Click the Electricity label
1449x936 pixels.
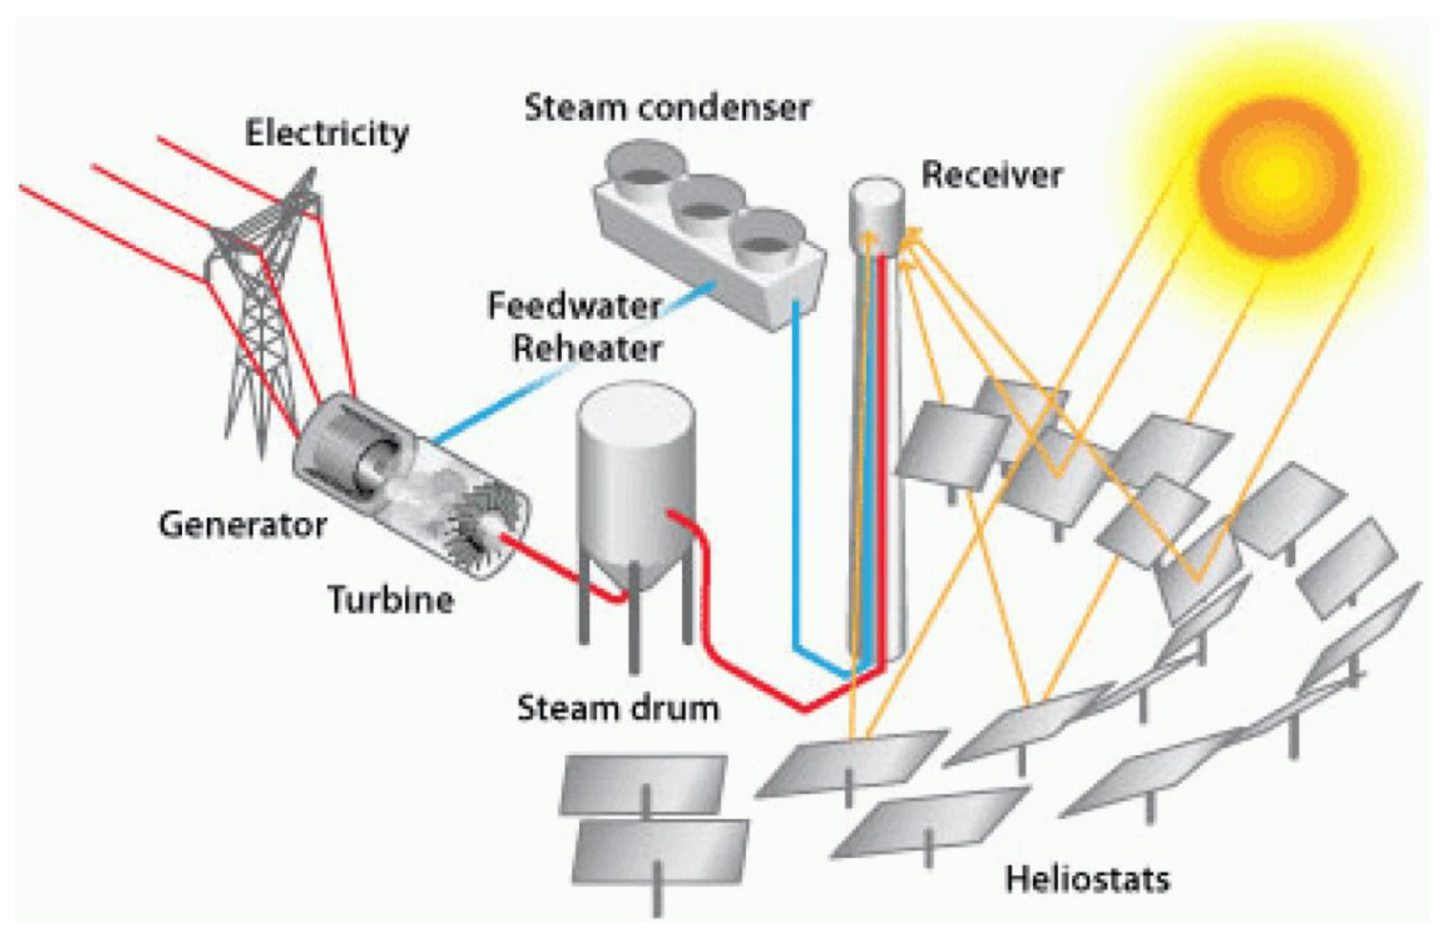tap(326, 133)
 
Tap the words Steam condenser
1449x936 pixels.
tap(667, 108)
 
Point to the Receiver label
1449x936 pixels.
tap(991, 175)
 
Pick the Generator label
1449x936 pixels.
tap(243, 525)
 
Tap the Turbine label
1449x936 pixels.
tap(391, 599)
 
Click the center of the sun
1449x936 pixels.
tap(1278, 176)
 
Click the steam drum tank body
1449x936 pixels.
tap(636, 474)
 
